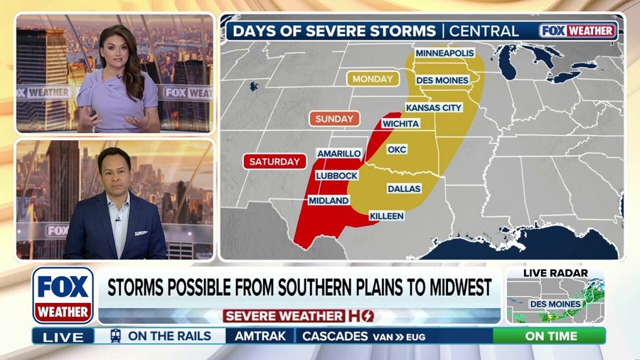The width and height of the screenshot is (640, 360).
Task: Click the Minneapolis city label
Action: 444,53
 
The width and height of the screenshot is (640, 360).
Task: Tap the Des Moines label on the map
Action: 442,80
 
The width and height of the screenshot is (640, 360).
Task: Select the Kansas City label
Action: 434,107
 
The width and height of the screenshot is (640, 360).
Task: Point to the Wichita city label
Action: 400,123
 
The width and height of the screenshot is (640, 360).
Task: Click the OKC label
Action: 396,150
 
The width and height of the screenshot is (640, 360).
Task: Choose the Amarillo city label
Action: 339,154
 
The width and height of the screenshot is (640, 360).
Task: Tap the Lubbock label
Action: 337,175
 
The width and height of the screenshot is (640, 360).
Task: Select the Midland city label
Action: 329,201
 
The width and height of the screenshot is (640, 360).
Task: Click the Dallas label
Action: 404,189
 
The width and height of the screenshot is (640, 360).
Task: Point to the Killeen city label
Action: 387,216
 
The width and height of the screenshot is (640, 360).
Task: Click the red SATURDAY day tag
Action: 274,162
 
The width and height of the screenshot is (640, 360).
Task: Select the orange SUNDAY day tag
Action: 334,119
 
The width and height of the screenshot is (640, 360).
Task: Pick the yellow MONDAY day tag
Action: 373,79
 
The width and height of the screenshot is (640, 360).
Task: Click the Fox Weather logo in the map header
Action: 577,31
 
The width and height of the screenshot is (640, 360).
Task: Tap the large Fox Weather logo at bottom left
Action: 63,295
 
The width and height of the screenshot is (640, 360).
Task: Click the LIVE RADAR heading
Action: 555,273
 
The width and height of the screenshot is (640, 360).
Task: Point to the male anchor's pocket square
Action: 140,232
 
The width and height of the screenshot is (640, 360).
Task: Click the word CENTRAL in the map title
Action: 484,31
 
